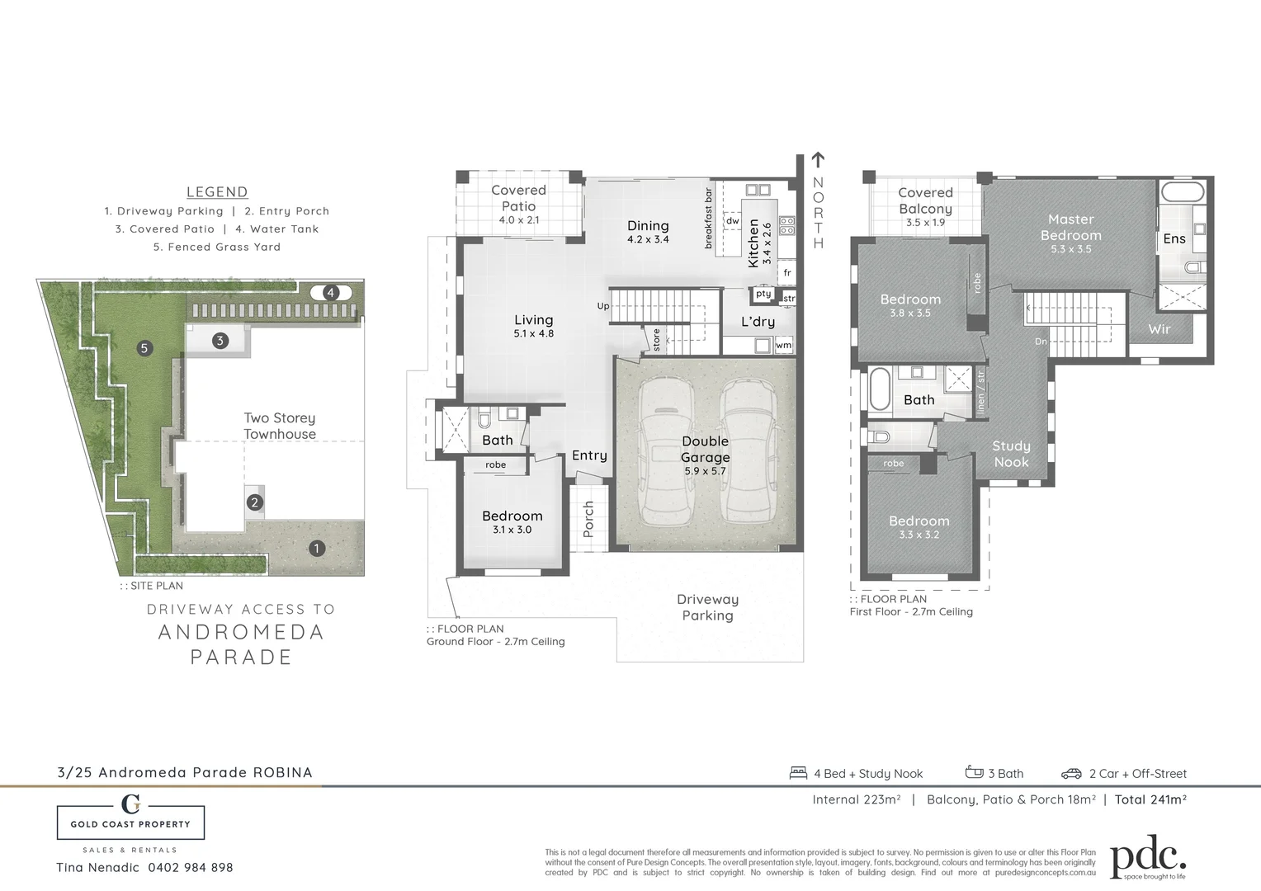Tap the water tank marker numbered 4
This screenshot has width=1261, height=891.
pos(331,292)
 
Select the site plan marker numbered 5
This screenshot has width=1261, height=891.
pos(144,348)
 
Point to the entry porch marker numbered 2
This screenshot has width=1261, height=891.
pos(255,502)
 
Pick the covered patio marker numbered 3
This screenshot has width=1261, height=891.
pos(220,340)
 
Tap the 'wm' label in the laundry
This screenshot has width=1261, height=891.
pos(783,345)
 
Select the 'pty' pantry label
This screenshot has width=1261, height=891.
pos(763,294)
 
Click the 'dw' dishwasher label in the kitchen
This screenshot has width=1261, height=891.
pos(732,221)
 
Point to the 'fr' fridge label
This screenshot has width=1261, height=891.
pos(787,272)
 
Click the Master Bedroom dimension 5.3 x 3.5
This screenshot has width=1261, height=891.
pos(1070,249)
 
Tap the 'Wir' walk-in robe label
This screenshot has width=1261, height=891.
pos(1159,328)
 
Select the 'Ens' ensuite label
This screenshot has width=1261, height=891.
pos(1174,239)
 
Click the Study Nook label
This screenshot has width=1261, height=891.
pos(1011,454)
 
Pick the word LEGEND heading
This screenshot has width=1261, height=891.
pos(217,192)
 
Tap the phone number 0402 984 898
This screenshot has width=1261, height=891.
pos(191,867)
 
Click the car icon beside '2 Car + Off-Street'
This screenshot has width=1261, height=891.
pos(1071,773)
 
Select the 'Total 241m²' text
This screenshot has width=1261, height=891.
pos(1150,799)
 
